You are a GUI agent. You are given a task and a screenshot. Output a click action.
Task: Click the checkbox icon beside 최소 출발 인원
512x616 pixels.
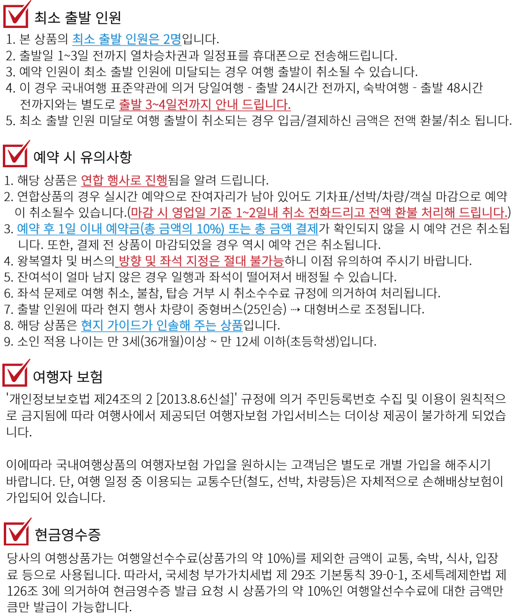16,15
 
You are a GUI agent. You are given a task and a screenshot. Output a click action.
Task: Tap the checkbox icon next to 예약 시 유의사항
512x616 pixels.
16,154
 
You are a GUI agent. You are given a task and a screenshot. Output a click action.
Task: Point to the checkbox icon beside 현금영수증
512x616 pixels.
17,531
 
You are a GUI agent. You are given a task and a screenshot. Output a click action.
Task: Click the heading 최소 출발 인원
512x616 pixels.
78,17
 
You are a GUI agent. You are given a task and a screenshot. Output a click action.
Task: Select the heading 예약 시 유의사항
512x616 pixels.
82,157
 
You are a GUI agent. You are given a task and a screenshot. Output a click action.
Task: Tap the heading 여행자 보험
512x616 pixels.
68,376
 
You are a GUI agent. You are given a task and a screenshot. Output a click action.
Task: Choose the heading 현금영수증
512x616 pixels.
68,534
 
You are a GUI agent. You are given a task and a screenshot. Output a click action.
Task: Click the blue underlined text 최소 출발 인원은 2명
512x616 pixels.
127,39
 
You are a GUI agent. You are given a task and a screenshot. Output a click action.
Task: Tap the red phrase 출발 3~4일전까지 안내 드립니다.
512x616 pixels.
205,104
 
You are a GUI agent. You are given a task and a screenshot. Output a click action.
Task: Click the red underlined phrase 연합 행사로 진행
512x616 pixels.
124,180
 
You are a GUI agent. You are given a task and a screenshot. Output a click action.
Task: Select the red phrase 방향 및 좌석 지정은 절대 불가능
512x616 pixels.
201,261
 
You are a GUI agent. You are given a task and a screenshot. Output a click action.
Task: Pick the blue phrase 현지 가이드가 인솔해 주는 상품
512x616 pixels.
162,325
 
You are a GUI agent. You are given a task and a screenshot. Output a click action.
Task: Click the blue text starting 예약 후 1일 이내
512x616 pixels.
168,229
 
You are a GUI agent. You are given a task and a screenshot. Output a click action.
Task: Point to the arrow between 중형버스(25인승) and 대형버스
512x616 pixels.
295,309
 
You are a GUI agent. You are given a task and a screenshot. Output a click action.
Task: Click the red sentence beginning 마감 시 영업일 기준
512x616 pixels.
320,212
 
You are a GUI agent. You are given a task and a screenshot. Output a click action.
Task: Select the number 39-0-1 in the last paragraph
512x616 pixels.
386,574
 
